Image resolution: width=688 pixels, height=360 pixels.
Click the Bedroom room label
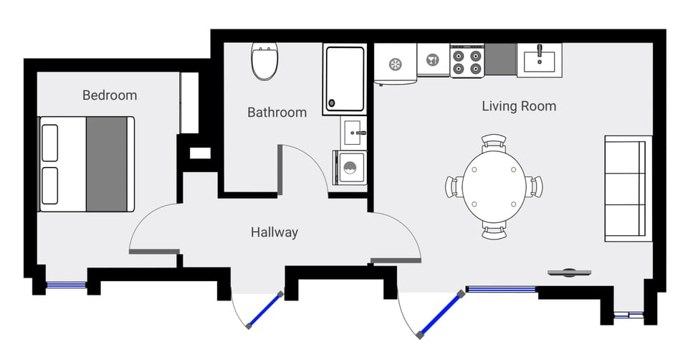[109, 95]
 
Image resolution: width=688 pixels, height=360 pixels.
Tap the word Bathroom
[277, 113]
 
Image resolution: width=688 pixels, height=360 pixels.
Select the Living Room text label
[518, 107]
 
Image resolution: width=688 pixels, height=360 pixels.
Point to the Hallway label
[274, 232]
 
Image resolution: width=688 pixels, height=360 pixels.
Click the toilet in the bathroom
[264, 63]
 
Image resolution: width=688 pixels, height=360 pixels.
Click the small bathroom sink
[353, 132]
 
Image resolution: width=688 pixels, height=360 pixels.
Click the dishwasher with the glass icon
[433, 60]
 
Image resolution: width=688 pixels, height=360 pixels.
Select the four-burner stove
[467, 61]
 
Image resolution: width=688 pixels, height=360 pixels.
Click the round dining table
[494, 186]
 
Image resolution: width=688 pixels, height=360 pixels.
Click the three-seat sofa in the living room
[626, 188]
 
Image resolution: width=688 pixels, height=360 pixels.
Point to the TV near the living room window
[570, 272]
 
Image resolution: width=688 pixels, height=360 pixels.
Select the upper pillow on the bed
[50, 143]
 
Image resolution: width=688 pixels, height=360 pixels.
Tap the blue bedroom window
[67, 285]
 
